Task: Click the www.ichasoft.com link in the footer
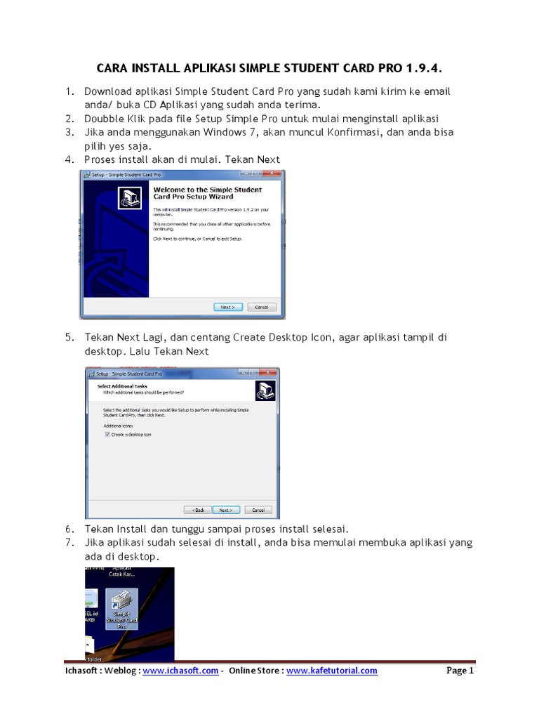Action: [180, 671]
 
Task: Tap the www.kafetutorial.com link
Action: [331, 671]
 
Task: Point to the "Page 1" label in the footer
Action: [460, 671]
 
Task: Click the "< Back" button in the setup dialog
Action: [198, 510]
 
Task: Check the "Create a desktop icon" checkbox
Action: [107, 435]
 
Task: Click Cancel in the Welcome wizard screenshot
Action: [261, 307]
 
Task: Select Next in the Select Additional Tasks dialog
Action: [225, 510]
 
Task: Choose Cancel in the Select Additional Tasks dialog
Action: [258, 510]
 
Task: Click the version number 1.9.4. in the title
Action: [425, 69]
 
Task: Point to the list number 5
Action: [69, 337]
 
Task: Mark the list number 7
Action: [69, 543]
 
